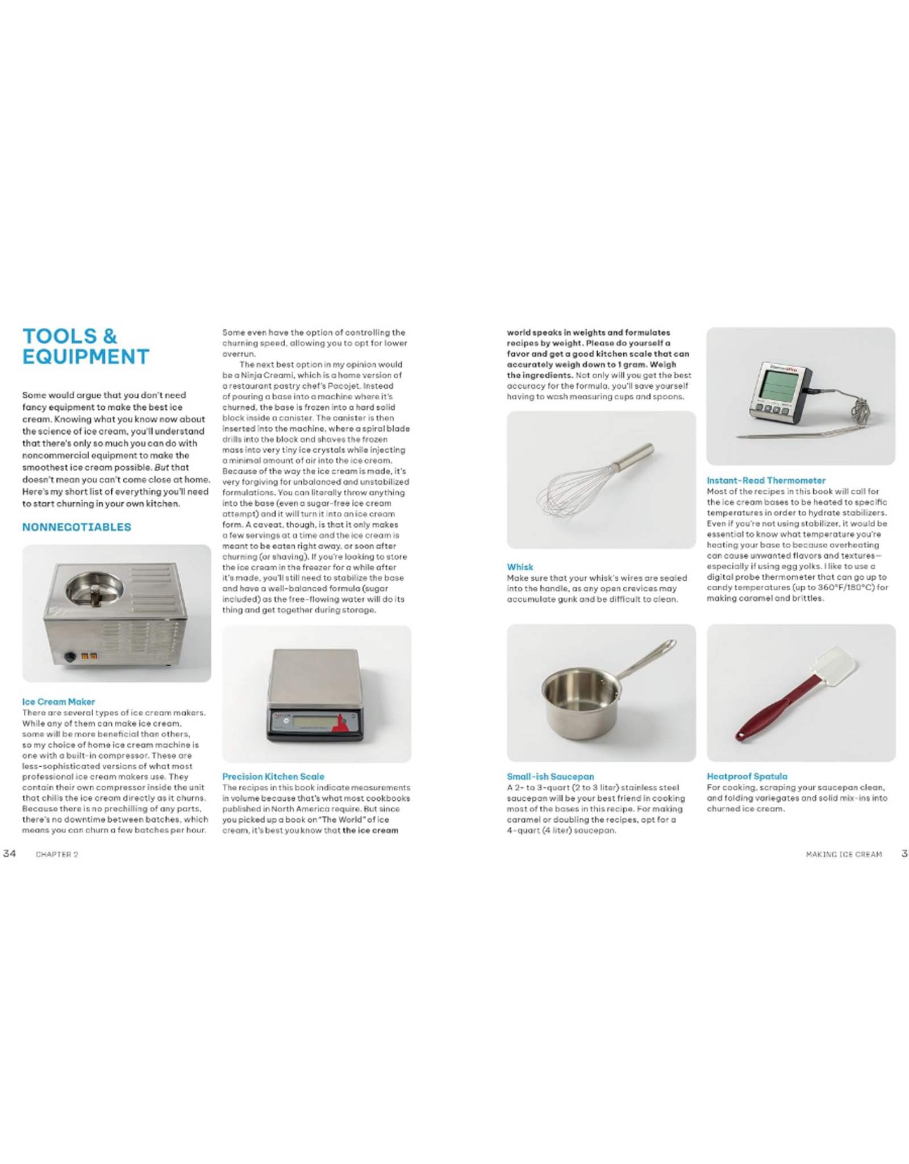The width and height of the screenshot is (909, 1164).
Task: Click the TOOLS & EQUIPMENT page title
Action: (x=85, y=346)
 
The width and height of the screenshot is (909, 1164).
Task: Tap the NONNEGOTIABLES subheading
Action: (x=77, y=527)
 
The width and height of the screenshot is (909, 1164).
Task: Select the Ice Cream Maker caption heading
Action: (x=59, y=702)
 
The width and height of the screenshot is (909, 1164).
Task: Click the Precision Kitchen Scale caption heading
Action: (x=273, y=776)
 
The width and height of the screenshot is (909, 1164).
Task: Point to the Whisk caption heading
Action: (x=520, y=567)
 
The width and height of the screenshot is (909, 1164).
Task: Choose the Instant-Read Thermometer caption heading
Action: (x=766, y=480)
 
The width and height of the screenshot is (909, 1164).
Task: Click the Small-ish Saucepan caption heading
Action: (x=550, y=776)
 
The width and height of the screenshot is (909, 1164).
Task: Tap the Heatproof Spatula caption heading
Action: (x=747, y=776)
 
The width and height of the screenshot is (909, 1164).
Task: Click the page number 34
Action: (x=9, y=853)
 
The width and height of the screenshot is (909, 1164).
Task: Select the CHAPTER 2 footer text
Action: (x=57, y=854)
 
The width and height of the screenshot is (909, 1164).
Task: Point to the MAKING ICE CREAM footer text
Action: (x=844, y=854)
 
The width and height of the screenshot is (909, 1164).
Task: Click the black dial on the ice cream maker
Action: (x=70, y=657)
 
